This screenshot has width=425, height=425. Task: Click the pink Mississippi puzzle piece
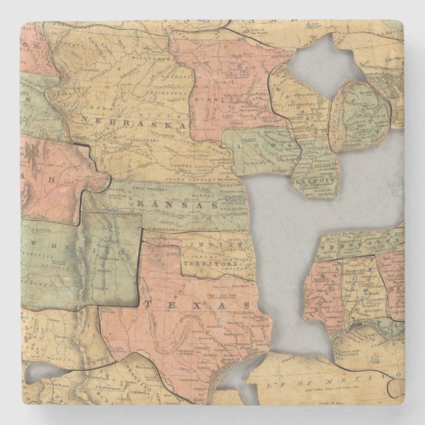(327, 290)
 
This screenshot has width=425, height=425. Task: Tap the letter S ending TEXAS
(246, 306)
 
